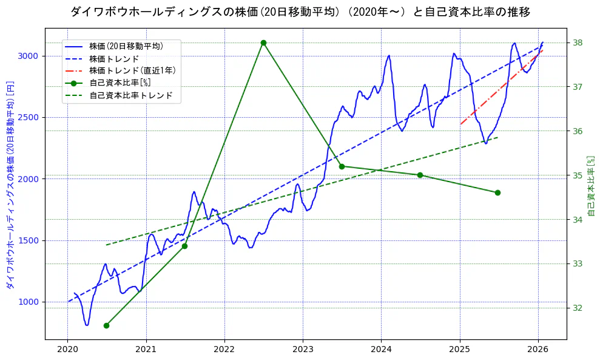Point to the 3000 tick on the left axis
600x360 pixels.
29,56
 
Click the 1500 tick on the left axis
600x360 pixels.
29,240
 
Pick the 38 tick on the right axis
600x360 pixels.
577,42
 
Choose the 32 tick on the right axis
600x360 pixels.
577,308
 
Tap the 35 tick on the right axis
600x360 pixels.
577,175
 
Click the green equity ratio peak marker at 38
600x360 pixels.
263,42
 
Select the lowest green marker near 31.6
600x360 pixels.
106,325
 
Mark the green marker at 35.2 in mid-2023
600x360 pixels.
342,166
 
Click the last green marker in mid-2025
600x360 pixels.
497,192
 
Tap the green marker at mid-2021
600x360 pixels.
184,246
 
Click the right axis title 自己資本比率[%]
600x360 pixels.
592,185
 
